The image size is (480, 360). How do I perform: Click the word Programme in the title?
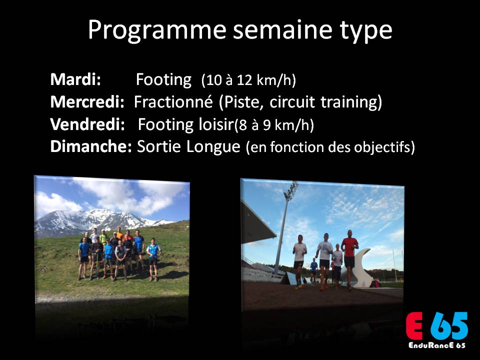pyautogui.click(x=156, y=30)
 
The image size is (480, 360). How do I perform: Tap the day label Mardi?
pyautogui.click(x=75, y=79)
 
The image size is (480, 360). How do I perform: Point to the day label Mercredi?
pyautogui.click(x=87, y=102)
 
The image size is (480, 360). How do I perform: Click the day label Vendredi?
pyautogui.click(x=87, y=124)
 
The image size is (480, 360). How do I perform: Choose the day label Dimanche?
pyautogui.click(x=91, y=146)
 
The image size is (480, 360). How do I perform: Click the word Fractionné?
pyautogui.click(x=173, y=102)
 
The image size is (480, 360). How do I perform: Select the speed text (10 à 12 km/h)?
pyautogui.click(x=248, y=80)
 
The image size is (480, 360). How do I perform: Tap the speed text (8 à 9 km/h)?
pyautogui.click(x=274, y=125)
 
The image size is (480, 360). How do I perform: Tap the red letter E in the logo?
pyautogui.click(x=414, y=326)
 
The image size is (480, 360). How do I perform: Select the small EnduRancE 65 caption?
pyautogui.click(x=437, y=345)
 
